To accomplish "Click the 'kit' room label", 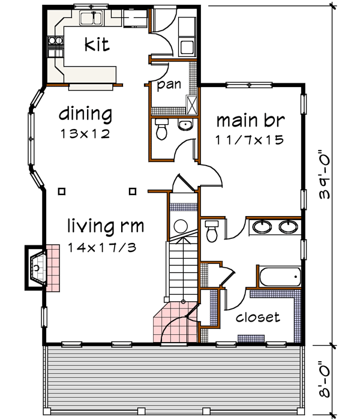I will (97, 45).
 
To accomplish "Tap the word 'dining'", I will (85, 113).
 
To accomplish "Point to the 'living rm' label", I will (106, 226).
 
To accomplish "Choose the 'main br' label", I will (250, 120).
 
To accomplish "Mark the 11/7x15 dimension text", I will (250, 142).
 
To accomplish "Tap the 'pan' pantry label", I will (169, 85).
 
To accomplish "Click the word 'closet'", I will (257, 317).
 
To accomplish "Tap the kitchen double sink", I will (92, 20).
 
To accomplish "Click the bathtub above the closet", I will (278, 277).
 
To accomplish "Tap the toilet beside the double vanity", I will (211, 230).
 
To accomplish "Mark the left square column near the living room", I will (62, 191).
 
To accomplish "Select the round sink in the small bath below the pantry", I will (185, 125).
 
